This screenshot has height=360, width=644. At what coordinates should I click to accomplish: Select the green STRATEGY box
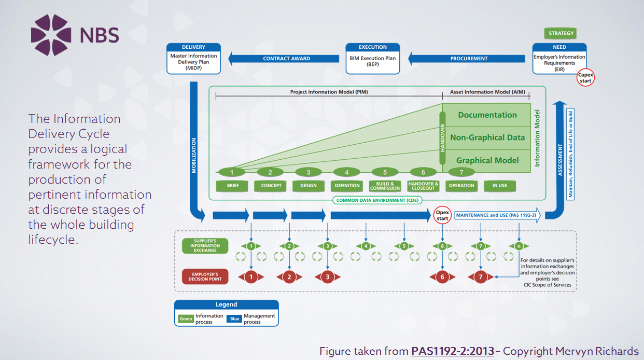click(561, 33)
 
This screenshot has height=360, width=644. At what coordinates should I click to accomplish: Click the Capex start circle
click(585, 78)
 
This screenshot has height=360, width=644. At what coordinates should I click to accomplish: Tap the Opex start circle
click(442, 215)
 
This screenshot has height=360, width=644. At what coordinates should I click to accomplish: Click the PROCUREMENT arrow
click(466, 59)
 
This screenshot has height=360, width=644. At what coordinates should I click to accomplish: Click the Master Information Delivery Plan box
click(193, 59)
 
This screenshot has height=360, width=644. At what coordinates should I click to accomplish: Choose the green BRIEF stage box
click(232, 185)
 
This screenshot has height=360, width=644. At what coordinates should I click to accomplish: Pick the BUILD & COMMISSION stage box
click(385, 185)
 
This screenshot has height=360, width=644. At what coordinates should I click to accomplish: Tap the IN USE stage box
click(499, 185)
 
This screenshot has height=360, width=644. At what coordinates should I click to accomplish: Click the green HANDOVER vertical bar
click(443, 137)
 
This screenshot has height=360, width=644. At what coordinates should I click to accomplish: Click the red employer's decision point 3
click(327, 277)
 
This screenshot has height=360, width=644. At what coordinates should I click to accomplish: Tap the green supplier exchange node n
click(519, 246)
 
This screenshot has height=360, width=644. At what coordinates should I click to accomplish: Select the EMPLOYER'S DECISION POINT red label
click(204, 276)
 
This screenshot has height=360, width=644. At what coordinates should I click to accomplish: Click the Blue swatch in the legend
click(234, 319)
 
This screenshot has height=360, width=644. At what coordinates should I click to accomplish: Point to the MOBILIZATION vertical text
click(194, 155)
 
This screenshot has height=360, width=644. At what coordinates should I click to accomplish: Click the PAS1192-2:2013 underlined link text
click(452, 351)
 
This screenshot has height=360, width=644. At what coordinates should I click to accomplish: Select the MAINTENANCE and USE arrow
click(497, 215)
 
